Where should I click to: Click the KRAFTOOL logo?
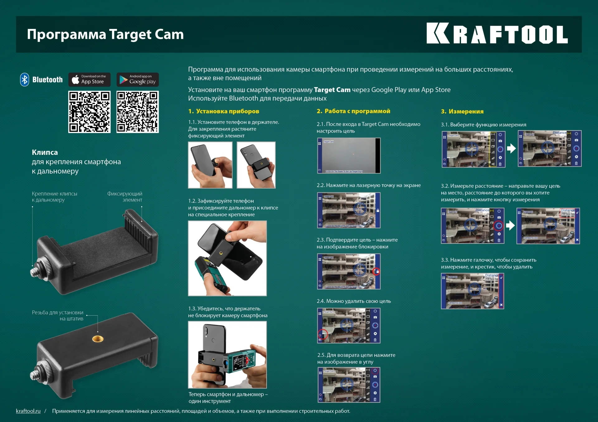click(x=497, y=34)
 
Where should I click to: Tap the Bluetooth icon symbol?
click(x=25, y=80)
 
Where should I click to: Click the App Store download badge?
click(x=89, y=80)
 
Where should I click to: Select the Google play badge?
click(x=138, y=80)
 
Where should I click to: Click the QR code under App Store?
click(x=89, y=112)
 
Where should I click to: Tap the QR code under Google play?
click(x=138, y=112)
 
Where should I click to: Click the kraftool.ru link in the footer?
click(x=28, y=411)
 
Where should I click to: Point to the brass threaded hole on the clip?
click(x=98, y=339)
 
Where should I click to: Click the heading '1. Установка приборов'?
click(x=224, y=111)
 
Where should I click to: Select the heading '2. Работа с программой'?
click(x=353, y=111)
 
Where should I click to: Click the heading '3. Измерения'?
click(x=462, y=111)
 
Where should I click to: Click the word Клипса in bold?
click(x=45, y=152)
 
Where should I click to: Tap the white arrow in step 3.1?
click(x=511, y=149)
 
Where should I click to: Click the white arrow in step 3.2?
click(x=510, y=225)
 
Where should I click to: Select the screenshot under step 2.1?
click(x=349, y=155)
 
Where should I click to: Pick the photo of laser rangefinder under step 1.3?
click(x=227, y=355)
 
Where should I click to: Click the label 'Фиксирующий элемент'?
click(x=125, y=197)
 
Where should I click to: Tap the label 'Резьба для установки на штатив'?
click(x=58, y=315)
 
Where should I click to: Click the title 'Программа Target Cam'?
click(x=105, y=34)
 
